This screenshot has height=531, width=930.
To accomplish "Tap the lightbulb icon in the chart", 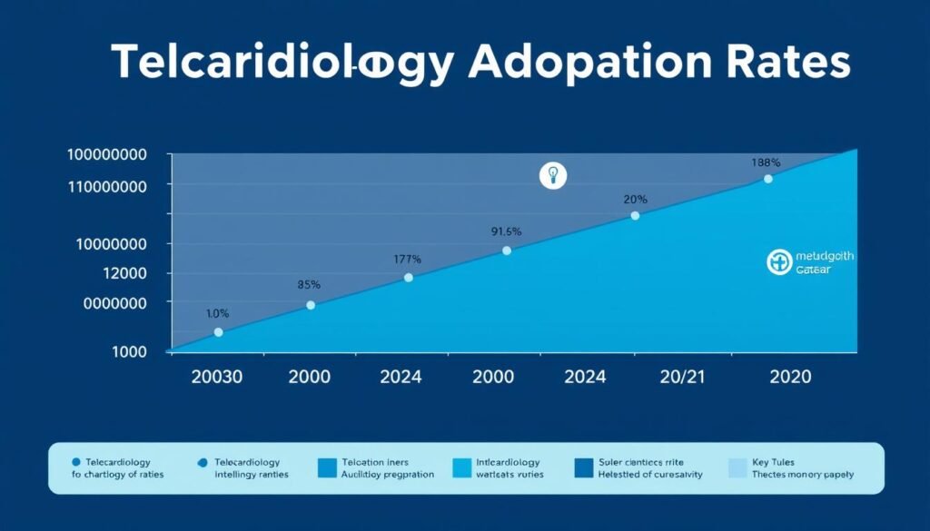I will pos(552,174).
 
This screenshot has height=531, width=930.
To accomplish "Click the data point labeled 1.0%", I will pos(218,332).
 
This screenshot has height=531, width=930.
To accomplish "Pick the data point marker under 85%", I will pos(311,305).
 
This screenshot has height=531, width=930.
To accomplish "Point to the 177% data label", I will pos(408,259).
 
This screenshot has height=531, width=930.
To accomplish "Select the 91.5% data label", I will pos(507,231).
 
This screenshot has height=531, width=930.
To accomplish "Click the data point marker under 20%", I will pos(635,215).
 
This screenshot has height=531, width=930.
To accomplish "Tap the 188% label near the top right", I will pos(766,162).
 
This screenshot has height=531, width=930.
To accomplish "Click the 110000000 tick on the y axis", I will pos(107,185).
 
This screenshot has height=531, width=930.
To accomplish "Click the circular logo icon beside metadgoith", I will pos(778,263).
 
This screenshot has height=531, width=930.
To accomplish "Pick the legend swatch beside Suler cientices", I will pos(584,467).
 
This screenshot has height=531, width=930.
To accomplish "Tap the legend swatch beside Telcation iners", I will pos(327,467).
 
